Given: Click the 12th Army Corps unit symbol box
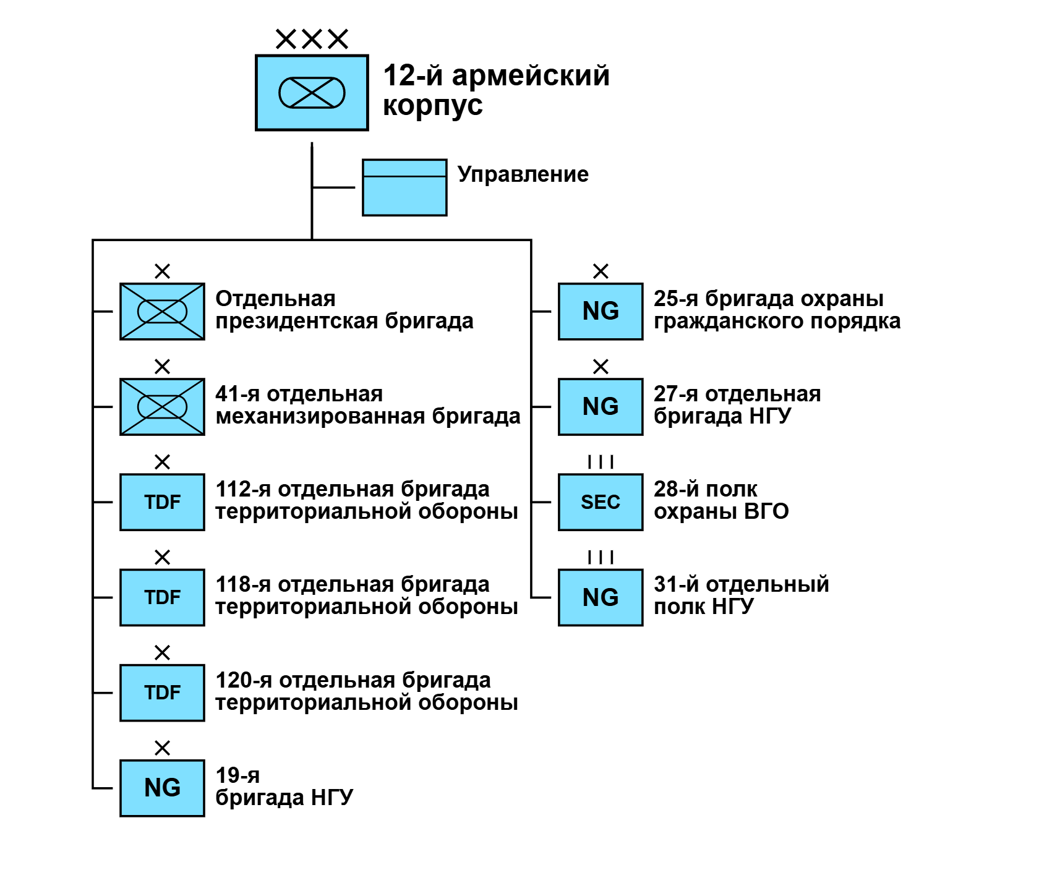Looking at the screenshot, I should click(x=312, y=93).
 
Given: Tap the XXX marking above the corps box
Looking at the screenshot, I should click(x=312, y=39).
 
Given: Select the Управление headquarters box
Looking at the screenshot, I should click(x=404, y=187).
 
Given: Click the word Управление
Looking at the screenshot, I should click(x=523, y=174).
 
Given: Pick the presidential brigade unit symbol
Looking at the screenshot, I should click(x=162, y=312).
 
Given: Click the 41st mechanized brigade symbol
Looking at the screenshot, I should click(x=162, y=407).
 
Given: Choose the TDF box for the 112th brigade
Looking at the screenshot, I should click(x=162, y=502).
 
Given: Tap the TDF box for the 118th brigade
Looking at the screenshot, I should click(x=162, y=597).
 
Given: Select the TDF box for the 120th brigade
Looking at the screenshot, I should click(x=162, y=693).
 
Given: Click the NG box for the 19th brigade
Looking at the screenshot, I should click(x=162, y=788).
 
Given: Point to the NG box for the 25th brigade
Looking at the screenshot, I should click(x=601, y=312).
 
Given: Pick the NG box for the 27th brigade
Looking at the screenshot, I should click(x=601, y=407).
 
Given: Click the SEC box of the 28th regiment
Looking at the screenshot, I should click(x=601, y=502).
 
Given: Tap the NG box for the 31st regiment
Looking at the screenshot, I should click(x=601, y=597).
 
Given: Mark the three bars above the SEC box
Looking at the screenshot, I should click(x=601, y=462).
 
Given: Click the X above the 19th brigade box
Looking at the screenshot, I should click(x=162, y=748).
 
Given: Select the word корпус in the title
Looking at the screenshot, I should click(x=432, y=106).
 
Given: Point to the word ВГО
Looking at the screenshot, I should click(x=766, y=512).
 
